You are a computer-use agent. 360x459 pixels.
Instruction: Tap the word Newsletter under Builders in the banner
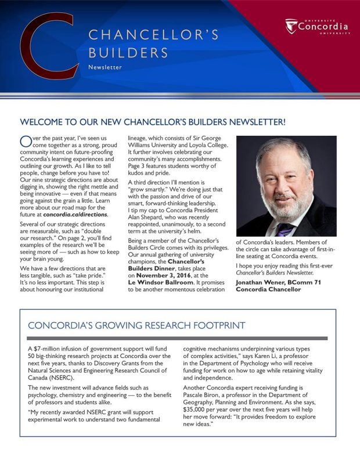pos(105,68)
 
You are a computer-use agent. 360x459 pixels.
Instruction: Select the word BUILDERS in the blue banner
pos(128,53)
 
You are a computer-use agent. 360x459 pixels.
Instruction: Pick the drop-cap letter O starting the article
pos(26,142)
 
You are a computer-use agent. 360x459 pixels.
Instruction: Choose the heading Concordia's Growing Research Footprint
pos(136,326)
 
